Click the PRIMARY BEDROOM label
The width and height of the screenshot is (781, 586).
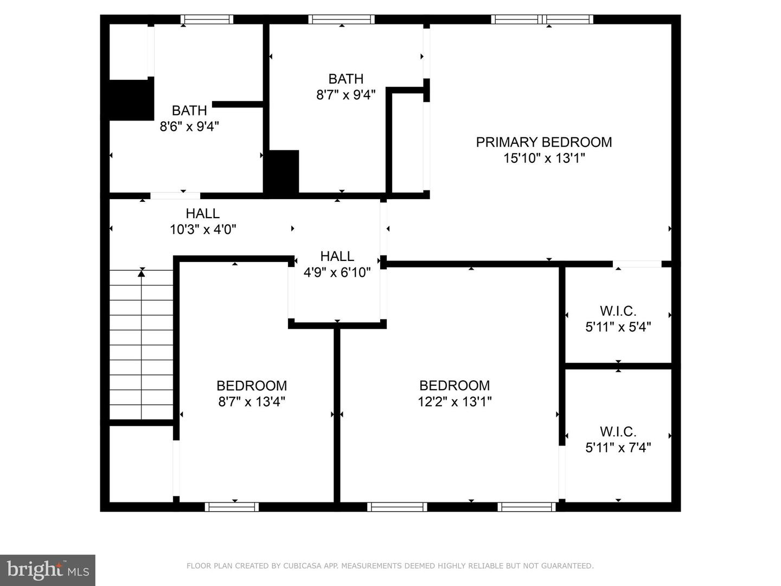coord(543,142)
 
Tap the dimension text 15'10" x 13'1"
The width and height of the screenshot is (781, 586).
coord(543,158)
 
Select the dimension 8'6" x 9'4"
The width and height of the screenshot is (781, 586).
coord(189,126)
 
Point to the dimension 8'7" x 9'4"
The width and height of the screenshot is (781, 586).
coord(345,95)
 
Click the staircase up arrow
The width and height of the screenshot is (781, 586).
coord(142,273)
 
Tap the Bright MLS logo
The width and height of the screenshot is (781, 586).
coord(48,570)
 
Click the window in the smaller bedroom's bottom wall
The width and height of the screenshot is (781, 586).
coord(232,507)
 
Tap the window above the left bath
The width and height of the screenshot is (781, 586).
coord(207,20)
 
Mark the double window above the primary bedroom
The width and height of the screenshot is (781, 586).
coord(542,20)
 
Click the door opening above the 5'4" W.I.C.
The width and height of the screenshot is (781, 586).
coord(637,264)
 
